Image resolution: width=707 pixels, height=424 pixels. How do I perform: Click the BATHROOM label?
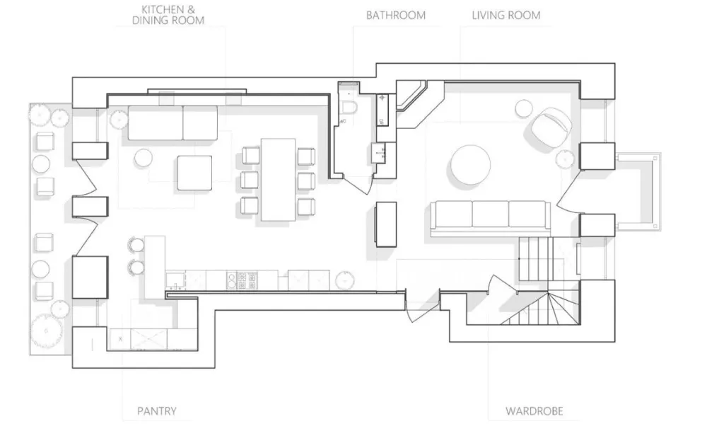pyautogui.click(x=395, y=16)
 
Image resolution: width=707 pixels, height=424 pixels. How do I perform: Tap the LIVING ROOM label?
pyautogui.click(x=506, y=16)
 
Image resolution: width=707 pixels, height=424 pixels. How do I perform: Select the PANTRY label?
pyautogui.click(x=156, y=411)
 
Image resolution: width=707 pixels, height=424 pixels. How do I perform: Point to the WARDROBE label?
pyautogui.click(x=534, y=411)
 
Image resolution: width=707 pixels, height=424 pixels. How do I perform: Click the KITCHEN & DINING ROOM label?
pyautogui.click(x=168, y=15)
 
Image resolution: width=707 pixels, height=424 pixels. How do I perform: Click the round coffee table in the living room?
pyautogui.click(x=470, y=164)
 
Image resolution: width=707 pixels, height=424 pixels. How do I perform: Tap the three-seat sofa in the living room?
pyautogui.click(x=490, y=217)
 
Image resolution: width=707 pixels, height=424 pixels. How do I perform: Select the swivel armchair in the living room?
pyautogui.click(x=551, y=127)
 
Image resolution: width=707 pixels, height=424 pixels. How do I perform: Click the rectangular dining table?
pyautogui.click(x=278, y=180)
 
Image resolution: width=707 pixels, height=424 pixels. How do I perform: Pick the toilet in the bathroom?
pyautogui.click(x=349, y=107)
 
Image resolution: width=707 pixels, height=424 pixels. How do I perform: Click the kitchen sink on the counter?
pyautogui.click(x=175, y=280)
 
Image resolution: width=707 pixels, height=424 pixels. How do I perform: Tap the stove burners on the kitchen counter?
pyautogui.click(x=242, y=280)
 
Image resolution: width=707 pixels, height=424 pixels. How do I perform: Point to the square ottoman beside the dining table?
pyautogui.click(x=194, y=173)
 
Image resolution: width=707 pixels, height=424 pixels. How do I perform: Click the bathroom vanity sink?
pyautogui.click(x=379, y=153)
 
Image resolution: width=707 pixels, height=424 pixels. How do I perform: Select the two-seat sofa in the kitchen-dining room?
pyautogui.click(x=173, y=123)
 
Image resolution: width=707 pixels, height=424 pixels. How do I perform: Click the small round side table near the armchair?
pyautogui.click(x=523, y=109)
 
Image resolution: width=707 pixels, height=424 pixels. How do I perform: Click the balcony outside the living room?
pyautogui.click(x=638, y=192)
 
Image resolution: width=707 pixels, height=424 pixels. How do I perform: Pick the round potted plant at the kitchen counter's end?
pyautogui.click(x=344, y=280)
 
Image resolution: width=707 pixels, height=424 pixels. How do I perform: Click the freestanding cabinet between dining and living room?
pyautogui.click(x=386, y=224)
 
